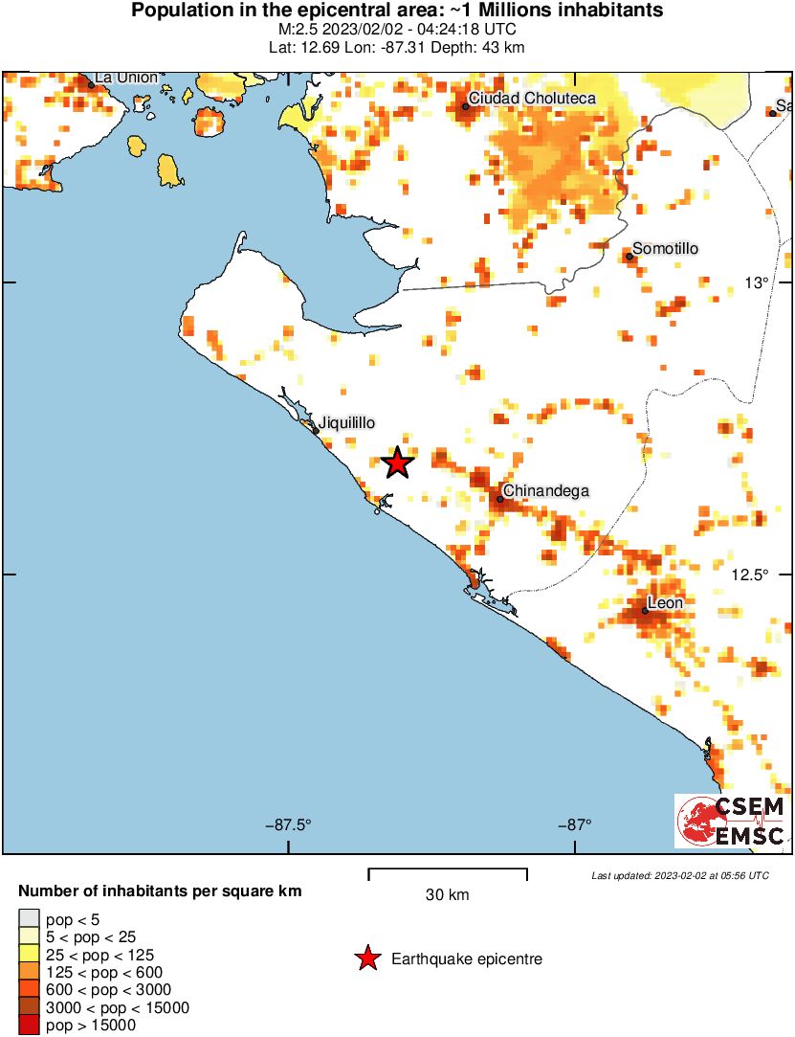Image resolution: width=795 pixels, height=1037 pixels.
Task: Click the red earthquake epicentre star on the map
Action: (x=397, y=463)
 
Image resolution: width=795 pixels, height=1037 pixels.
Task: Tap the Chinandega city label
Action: (x=545, y=491)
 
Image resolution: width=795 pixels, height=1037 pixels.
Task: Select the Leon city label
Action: (x=666, y=603)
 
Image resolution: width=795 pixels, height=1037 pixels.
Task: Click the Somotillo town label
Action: (x=666, y=249)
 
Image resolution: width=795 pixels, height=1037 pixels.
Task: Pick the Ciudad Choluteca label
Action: (x=532, y=99)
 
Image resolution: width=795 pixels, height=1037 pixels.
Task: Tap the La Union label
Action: (x=126, y=78)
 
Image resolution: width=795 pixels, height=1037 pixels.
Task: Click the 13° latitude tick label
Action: (x=757, y=283)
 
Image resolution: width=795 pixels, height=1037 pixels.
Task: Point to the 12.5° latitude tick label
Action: (x=751, y=575)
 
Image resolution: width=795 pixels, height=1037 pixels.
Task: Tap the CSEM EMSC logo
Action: (x=732, y=821)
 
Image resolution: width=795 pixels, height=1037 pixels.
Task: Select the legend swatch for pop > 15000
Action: (x=29, y=1026)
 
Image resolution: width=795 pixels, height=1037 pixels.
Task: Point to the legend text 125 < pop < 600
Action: (x=104, y=972)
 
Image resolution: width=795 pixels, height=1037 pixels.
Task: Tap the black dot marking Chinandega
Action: (x=499, y=498)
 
